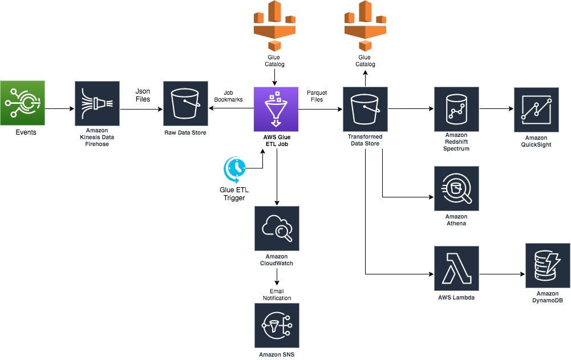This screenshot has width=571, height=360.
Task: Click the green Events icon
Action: coord(22,103)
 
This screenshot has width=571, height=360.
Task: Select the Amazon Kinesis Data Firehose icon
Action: coord(97,103)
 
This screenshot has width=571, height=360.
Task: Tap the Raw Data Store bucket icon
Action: coord(185,103)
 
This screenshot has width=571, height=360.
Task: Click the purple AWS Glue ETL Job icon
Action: coord(277,109)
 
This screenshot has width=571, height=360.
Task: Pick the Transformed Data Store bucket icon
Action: coord(365,109)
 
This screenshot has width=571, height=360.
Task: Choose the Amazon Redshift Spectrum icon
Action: coord(456,109)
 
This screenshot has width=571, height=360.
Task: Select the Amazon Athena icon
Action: coord(456,189)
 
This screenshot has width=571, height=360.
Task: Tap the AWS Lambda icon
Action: coord(456,269)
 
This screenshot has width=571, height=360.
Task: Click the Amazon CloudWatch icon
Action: coord(277,229)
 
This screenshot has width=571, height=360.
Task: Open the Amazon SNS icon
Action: coord(277,325)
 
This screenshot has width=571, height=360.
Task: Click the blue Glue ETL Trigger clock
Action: coord(234,169)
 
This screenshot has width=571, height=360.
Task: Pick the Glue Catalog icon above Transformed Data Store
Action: coord(365,26)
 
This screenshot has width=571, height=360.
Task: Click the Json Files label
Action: coord(143,95)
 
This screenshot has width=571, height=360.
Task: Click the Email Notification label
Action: coord(277,294)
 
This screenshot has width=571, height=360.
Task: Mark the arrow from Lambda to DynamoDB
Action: coord(502,274)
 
